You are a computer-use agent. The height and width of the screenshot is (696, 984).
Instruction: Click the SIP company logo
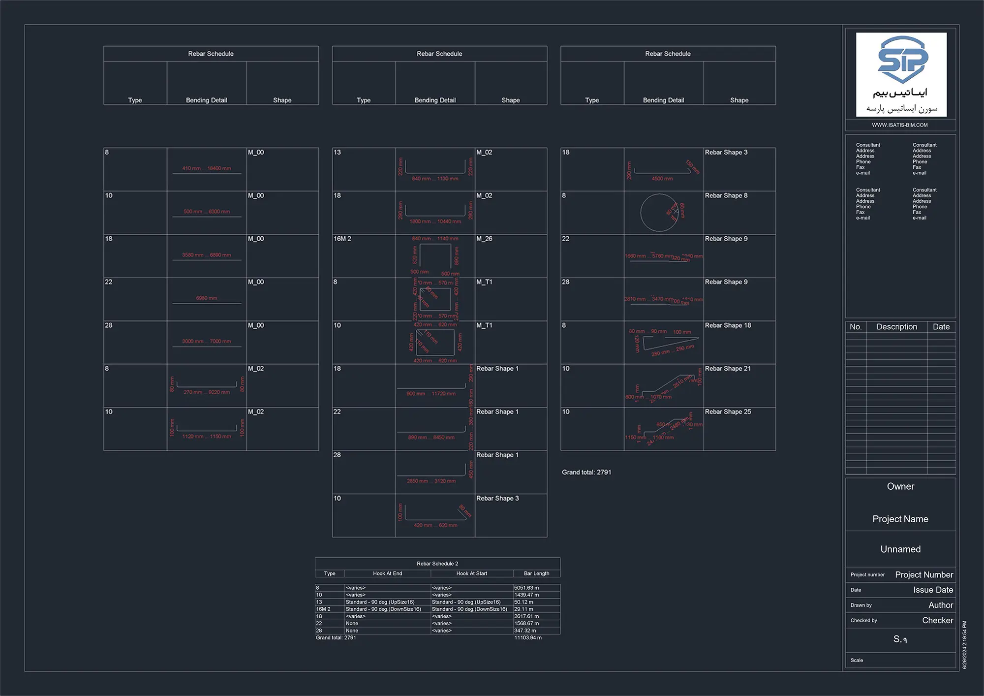click(x=901, y=74)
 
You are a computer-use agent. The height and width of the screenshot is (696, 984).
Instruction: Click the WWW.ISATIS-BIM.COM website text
click(x=900, y=125)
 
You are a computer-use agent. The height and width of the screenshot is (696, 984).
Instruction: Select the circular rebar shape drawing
click(x=659, y=213)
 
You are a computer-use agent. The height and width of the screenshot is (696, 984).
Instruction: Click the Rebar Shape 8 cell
click(x=726, y=196)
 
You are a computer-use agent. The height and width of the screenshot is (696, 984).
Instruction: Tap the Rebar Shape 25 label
click(x=728, y=412)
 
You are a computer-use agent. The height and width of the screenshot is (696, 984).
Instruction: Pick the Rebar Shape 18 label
click(x=728, y=325)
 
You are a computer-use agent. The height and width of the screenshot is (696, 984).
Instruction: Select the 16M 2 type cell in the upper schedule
click(x=342, y=239)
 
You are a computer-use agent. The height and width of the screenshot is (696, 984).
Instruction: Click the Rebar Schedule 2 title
click(x=437, y=564)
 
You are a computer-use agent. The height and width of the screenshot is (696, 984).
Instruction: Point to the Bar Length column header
click(x=536, y=573)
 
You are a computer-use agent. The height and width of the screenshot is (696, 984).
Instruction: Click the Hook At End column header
click(x=387, y=573)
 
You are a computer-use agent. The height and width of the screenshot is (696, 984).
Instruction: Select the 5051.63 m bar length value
click(x=526, y=588)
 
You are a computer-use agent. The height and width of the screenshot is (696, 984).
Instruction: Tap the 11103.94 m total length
click(x=528, y=638)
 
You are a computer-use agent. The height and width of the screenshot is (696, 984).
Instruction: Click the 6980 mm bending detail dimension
click(x=207, y=298)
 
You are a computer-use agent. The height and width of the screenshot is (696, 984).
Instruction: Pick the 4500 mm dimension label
click(x=662, y=179)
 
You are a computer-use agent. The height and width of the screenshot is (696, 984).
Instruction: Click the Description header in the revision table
click(x=896, y=327)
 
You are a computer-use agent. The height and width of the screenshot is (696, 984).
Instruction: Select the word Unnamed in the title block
click(x=900, y=549)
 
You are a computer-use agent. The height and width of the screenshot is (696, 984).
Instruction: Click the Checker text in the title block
click(x=937, y=621)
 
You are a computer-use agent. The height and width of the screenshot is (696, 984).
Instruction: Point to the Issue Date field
click(x=933, y=590)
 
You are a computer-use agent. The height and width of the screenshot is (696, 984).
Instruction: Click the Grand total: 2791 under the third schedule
click(x=586, y=473)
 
